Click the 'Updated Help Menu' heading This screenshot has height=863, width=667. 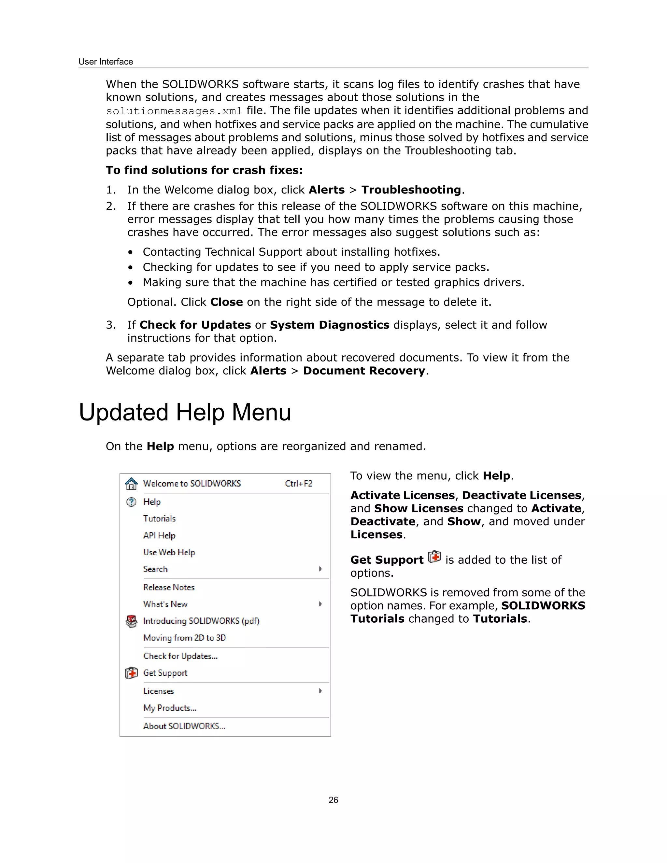(185, 413)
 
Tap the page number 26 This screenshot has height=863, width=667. (333, 800)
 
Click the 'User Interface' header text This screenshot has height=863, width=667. (106, 62)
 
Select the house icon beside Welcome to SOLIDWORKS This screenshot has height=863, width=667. (131, 484)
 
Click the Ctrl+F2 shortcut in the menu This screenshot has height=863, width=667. (298, 484)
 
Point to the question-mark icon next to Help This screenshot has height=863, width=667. (131, 502)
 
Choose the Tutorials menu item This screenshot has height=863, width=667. (159, 518)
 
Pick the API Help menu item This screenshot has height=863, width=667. (159, 535)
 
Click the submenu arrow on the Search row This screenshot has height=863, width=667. (320, 569)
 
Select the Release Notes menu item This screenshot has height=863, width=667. (169, 587)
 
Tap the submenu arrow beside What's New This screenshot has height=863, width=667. (320, 604)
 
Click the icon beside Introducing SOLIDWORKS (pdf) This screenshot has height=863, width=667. (131, 621)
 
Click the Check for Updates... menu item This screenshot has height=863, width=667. (180, 656)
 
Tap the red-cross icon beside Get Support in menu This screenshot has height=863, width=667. (131, 673)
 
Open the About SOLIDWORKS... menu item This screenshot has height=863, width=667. (184, 726)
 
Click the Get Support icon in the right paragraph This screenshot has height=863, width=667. (434, 557)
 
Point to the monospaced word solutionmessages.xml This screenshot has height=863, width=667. (174, 111)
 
